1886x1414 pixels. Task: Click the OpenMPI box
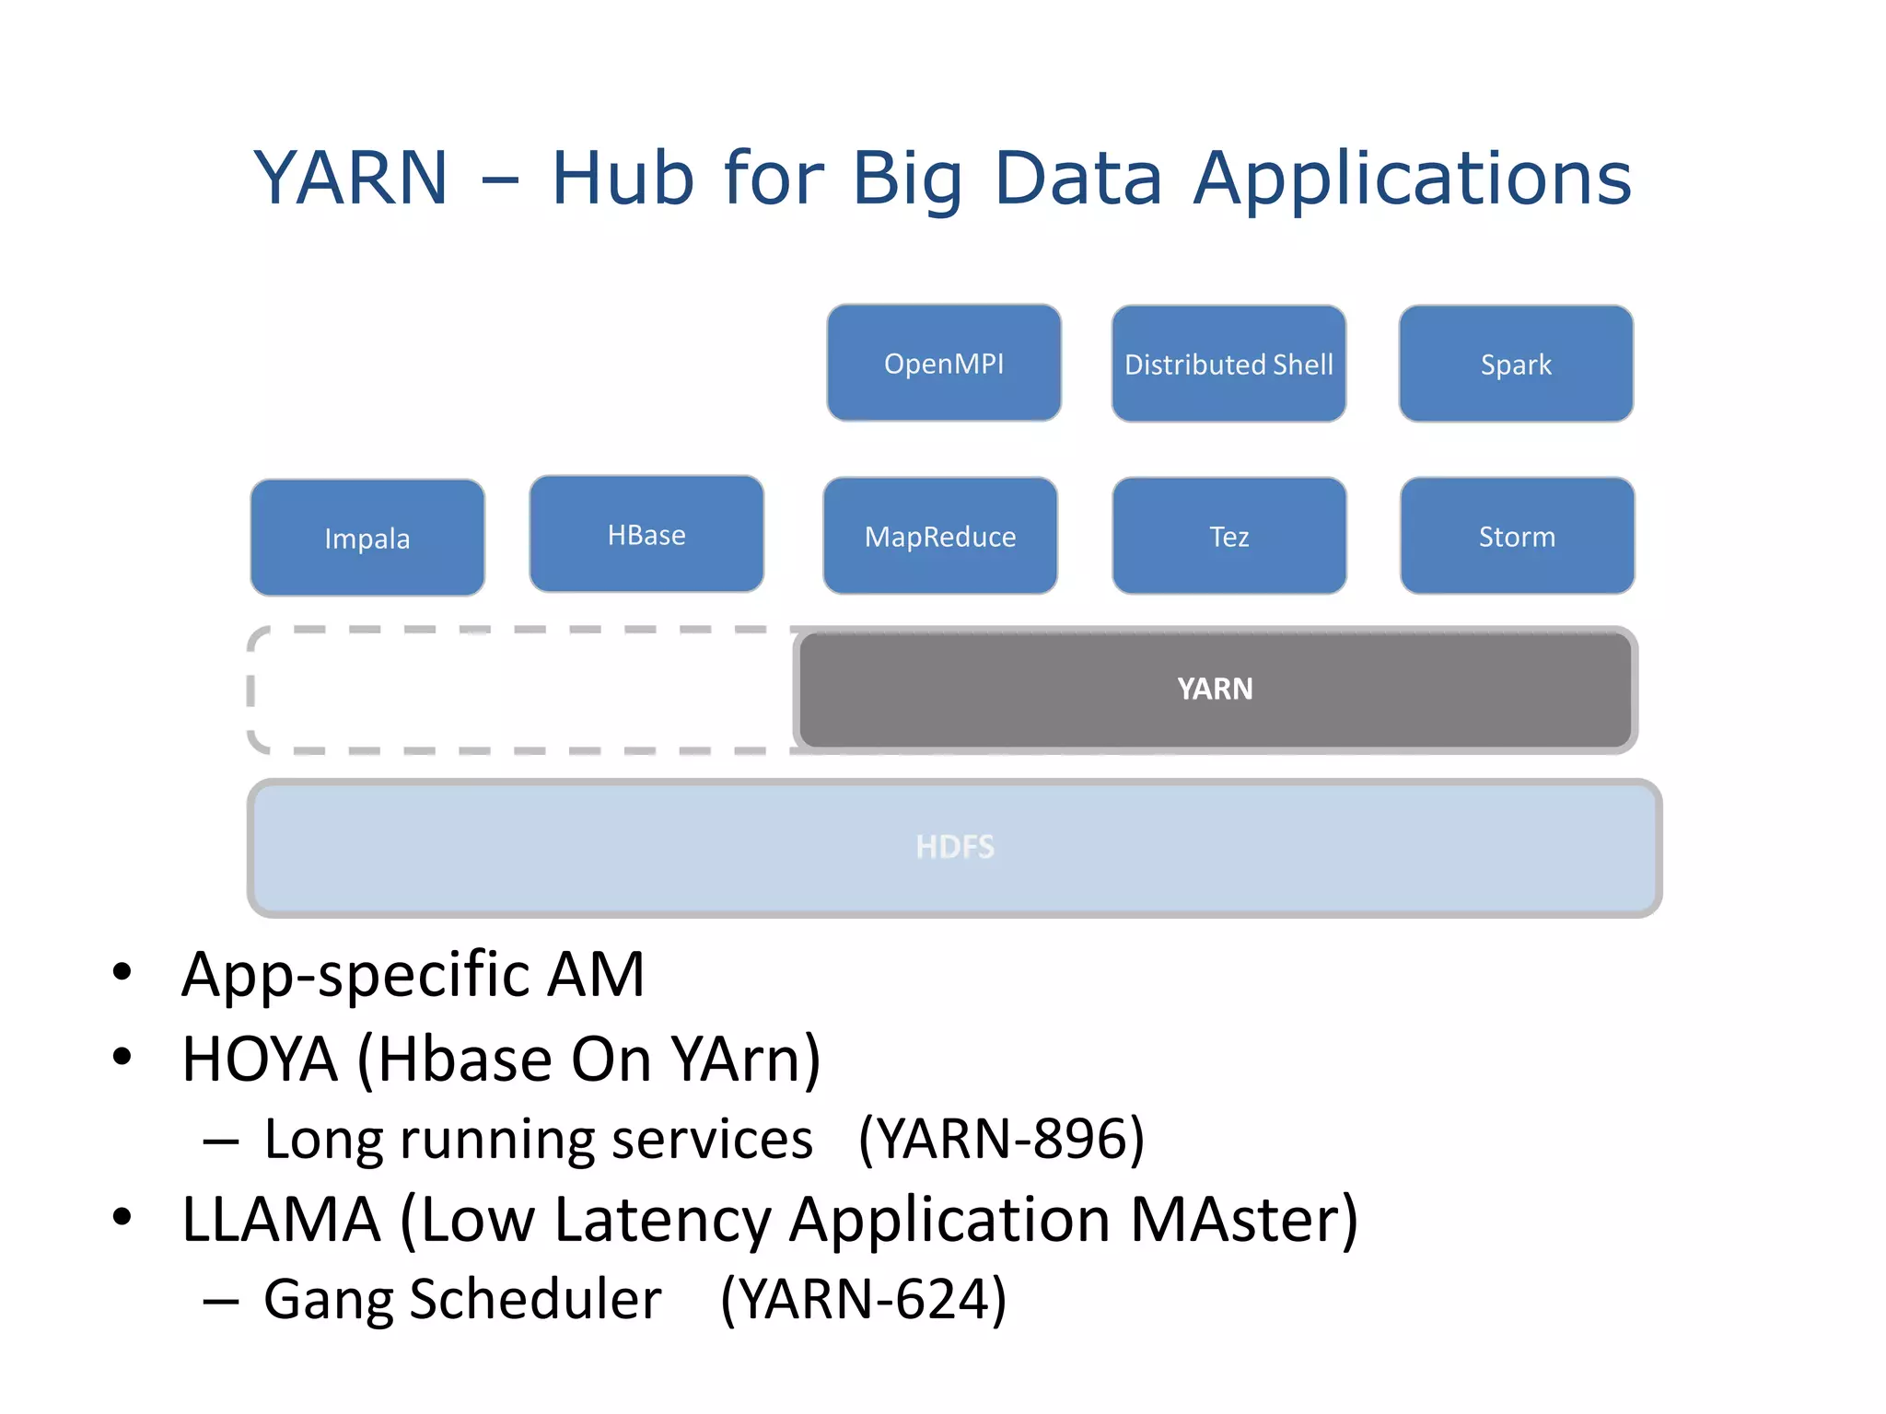(944, 363)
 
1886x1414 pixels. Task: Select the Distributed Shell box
(1228, 364)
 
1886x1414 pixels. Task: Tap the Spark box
(1516, 364)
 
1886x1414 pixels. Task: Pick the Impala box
(367, 538)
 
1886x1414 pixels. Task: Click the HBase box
(646, 534)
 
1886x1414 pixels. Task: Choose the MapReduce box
(940, 536)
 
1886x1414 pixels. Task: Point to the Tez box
(1229, 536)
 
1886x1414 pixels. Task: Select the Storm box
(1517, 536)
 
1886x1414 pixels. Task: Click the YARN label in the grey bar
(1215, 689)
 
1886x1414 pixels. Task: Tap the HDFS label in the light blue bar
(955, 847)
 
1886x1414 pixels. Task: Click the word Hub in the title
(623, 177)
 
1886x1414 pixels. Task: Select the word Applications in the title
(1413, 179)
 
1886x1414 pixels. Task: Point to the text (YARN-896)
(1001, 1139)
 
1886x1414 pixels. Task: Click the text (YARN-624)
(863, 1299)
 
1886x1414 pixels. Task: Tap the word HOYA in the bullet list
(260, 1059)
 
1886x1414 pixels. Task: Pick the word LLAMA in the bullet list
(281, 1219)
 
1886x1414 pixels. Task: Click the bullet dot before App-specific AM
(122, 972)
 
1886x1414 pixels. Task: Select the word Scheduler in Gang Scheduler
(535, 1299)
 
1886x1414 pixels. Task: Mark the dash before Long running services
(221, 1142)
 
